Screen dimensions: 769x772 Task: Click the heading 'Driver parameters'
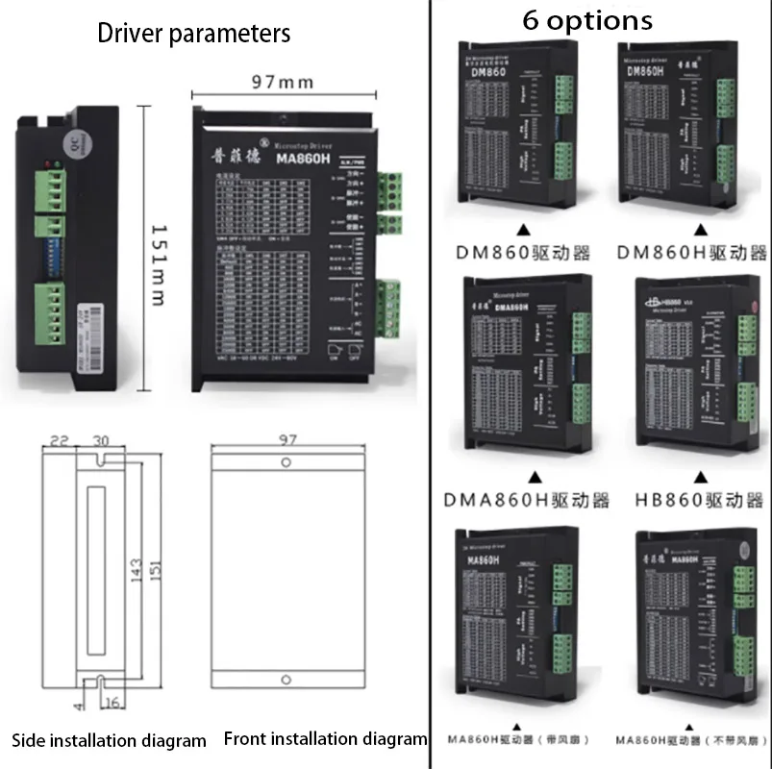point(193,34)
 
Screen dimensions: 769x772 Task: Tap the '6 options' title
point(586,20)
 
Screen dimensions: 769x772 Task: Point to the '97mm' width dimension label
point(284,82)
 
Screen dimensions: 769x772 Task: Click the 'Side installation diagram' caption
point(109,740)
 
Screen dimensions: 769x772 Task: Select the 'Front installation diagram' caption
point(325,739)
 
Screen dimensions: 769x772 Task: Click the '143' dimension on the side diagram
point(137,570)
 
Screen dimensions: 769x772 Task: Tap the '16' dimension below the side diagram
point(112,703)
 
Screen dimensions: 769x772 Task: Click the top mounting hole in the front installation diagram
point(286,463)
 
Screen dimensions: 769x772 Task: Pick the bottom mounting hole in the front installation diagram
point(285,672)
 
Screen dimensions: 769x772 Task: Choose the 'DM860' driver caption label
point(522,253)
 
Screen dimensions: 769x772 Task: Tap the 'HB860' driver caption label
point(699,500)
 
